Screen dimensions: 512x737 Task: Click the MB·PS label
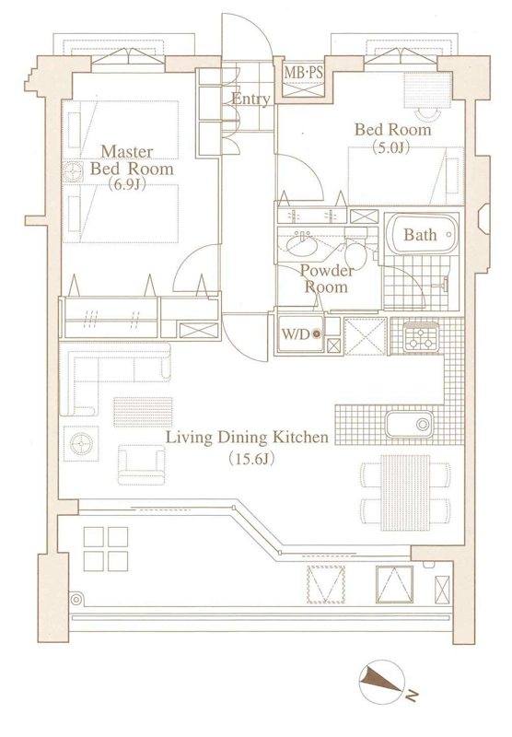click(304, 74)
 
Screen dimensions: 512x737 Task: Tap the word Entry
click(250, 99)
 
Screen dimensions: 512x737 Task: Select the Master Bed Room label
click(132, 160)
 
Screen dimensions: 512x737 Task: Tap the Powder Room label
click(327, 279)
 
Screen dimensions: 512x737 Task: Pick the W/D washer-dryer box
click(300, 334)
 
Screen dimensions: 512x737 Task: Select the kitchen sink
click(409, 424)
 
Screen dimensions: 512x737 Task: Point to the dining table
click(405, 492)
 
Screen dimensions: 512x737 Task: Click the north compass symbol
click(382, 682)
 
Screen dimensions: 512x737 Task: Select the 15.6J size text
click(251, 458)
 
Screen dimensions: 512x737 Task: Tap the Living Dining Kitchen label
click(248, 438)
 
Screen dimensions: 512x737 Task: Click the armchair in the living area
click(142, 464)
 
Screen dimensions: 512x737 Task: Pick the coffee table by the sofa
click(144, 412)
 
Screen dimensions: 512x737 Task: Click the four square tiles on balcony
click(106, 549)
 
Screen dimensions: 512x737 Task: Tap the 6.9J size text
click(125, 185)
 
